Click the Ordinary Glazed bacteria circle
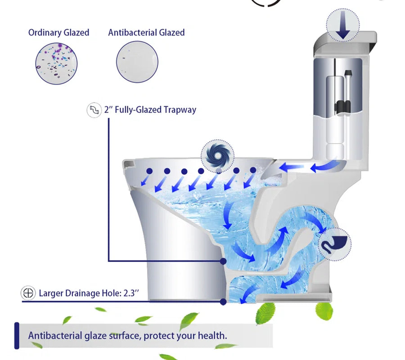[56, 63]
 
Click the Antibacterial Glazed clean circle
[137, 62]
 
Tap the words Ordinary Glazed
[58, 32]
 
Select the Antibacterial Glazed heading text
[146, 32]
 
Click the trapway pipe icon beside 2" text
[94, 110]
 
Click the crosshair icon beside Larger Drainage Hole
[28, 293]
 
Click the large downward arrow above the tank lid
[343, 25]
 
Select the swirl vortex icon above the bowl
[217, 156]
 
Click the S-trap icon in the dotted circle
[334, 244]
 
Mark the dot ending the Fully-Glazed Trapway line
[223, 261]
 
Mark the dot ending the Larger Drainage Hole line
[223, 301]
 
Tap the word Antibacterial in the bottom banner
[55, 335]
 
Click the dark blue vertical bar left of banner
[17, 336]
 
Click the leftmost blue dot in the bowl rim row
[149, 171]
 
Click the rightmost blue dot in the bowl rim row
[253, 170]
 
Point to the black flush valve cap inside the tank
[348, 72]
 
